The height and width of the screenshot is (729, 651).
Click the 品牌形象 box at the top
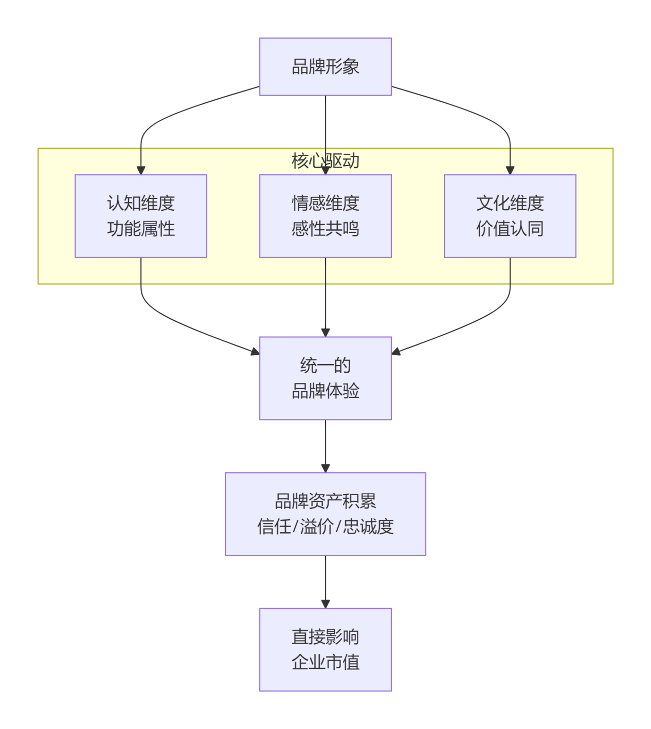325,66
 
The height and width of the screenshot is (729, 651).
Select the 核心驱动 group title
325,160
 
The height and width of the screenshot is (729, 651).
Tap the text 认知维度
140,203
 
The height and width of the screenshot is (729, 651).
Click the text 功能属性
140,229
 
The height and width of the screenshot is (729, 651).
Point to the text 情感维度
325,203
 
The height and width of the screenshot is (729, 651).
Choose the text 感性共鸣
325,229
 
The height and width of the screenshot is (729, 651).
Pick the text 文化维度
510,203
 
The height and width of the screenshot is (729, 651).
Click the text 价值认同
510,229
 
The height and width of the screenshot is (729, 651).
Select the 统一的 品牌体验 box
325,378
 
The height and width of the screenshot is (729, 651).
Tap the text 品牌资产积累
325,501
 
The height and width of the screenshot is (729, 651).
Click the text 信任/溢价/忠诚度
325,526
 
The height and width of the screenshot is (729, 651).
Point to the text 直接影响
325,636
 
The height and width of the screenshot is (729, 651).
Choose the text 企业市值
325,662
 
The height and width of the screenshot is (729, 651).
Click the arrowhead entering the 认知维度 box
141,170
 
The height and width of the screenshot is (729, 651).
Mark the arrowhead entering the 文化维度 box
510,170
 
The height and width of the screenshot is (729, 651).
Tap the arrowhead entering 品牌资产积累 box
325,468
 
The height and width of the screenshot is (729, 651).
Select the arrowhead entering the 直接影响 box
325,604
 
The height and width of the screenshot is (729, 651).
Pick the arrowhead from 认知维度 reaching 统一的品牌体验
255,352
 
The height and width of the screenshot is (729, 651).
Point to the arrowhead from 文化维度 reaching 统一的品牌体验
396,352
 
